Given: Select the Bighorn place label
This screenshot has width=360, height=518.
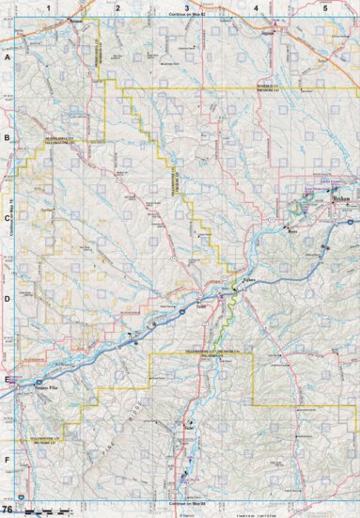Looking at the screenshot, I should (x=249, y=279).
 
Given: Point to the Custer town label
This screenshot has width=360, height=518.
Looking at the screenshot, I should (x=201, y=306).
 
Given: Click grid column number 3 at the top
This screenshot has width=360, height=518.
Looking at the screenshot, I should (x=187, y=7).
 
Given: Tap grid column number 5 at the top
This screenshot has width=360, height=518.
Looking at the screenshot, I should (x=325, y=7).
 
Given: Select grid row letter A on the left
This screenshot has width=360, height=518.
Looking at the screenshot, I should (x=7, y=57).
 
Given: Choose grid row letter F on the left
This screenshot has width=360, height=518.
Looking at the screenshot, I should (x=7, y=460).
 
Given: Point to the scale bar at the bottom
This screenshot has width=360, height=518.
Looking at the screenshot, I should (x=47, y=511).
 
